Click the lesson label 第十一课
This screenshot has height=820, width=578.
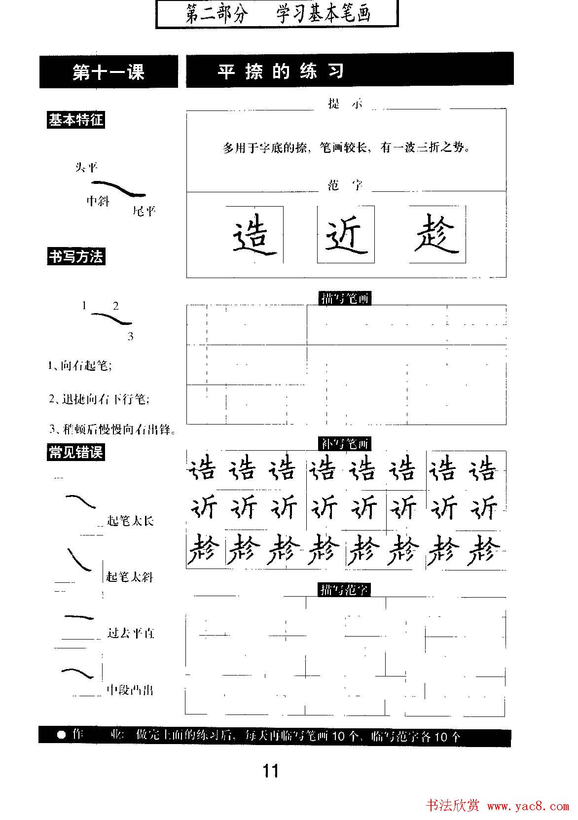(108, 72)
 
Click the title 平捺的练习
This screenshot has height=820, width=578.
(281, 72)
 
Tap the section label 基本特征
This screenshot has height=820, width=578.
(76, 120)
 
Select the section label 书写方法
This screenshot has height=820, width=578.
(76, 257)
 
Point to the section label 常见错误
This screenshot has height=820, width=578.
(76, 452)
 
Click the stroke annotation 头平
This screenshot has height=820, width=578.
(86, 168)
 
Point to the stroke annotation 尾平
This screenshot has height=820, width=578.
(144, 212)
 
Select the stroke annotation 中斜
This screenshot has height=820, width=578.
(98, 201)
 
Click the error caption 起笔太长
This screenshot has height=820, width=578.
(130, 521)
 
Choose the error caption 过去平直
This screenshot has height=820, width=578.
(131, 633)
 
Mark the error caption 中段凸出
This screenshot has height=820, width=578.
(130, 690)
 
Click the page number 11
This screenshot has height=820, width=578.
(271, 770)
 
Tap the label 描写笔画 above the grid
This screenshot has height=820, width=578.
(345, 298)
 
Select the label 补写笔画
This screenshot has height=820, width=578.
(345, 444)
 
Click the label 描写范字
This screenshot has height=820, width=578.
(345, 589)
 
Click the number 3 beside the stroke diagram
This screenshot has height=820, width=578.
(130, 337)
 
